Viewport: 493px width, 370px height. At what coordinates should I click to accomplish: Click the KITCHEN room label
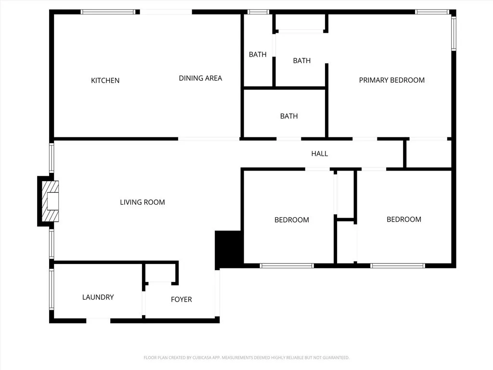coord(105,80)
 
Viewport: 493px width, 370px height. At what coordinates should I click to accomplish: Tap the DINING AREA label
coord(200,78)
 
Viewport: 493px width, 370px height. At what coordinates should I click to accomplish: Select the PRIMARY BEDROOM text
coord(391,80)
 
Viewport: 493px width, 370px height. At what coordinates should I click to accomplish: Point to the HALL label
coord(319,153)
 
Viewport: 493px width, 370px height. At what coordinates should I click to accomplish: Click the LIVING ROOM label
coord(142,202)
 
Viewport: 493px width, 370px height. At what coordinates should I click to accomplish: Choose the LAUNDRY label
coord(98,297)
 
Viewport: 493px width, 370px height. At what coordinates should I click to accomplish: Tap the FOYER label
coord(181,299)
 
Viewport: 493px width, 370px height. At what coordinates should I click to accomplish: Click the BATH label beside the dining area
coord(258,54)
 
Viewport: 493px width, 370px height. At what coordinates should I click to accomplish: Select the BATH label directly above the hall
coord(289,116)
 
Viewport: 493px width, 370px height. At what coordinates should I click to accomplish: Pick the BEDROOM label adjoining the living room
coord(291,220)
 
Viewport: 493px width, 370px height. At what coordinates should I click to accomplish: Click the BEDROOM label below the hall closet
coord(403,219)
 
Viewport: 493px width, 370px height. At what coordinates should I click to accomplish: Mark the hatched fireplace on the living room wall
coord(50,201)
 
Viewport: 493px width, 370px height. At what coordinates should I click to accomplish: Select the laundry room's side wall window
coord(51,289)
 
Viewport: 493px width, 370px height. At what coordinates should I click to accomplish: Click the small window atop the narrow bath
coord(258,12)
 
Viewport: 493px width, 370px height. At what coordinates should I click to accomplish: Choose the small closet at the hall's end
coord(428,154)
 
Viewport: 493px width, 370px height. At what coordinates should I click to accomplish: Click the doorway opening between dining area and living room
coord(208,139)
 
